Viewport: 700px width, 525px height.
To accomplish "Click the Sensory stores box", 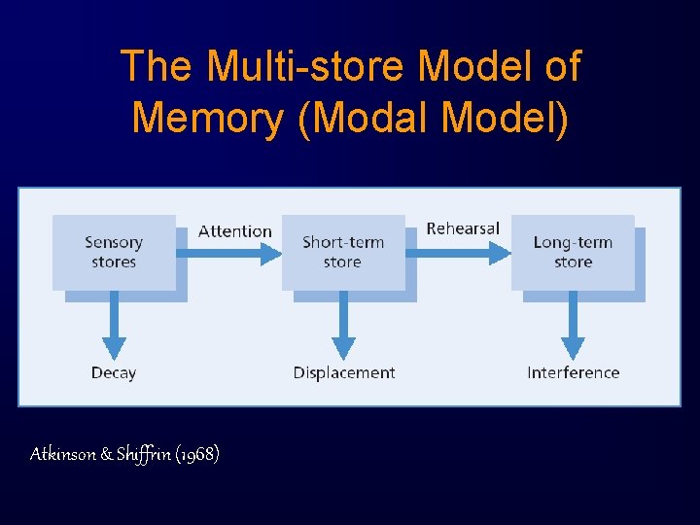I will click(x=114, y=252).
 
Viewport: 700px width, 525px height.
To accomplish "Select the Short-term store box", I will click(x=343, y=252).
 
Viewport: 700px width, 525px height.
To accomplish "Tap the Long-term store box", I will click(x=573, y=252).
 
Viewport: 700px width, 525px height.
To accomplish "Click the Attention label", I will click(x=235, y=231).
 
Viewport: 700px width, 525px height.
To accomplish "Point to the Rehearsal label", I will click(x=463, y=228).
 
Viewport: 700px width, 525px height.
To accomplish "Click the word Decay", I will click(x=114, y=372).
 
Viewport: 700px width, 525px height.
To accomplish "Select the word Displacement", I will click(x=344, y=372).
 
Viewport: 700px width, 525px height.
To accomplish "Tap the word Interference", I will click(x=573, y=372).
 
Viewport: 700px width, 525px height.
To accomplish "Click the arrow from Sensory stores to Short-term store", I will click(x=228, y=254).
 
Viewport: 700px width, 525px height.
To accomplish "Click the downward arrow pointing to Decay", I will click(x=114, y=326).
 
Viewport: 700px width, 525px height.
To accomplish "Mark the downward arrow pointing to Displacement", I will click(x=343, y=326).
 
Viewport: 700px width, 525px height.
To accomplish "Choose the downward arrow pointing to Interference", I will click(x=573, y=326).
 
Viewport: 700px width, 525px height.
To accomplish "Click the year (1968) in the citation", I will click(x=197, y=454).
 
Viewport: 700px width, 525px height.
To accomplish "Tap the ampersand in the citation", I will click(x=106, y=454).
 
